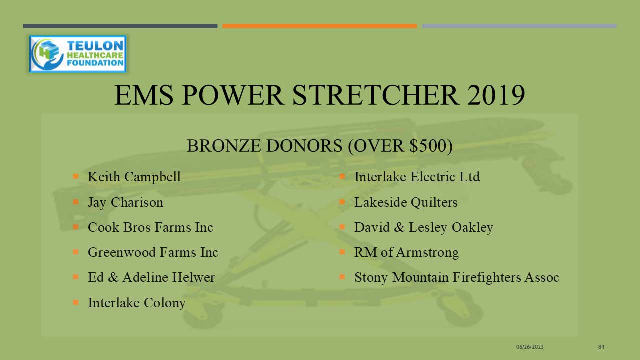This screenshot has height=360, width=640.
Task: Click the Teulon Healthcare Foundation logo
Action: tap(78, 54)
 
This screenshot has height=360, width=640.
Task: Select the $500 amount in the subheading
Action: tap(428, 145)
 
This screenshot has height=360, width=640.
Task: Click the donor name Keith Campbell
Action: tap(134, 177)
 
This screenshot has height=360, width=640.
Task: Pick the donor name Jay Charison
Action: tap(125, 203)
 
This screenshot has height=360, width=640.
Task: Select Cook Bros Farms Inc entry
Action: tap(150, 227)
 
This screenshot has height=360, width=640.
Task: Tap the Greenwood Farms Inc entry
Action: tap(153, 252)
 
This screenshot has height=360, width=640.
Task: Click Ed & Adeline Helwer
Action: tap(151, 277)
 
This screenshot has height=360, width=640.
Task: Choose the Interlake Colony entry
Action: tap(137, 303)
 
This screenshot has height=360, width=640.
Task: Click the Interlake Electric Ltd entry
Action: tap(417, 177)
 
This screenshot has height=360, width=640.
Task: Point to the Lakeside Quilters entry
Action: tap(406, 203)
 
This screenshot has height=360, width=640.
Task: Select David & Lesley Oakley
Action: tap(423, 228)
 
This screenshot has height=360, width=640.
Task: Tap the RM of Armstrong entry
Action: tap(406, 253)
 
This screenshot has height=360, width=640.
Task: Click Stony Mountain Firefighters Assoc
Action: tap(457, 277)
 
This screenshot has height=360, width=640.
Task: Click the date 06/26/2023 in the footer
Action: tap(530, 347)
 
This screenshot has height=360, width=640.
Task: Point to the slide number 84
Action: tap(601, 347)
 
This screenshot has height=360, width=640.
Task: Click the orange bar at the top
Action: tap(320, 26)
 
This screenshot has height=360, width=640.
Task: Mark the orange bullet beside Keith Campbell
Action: tap(75, 176)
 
